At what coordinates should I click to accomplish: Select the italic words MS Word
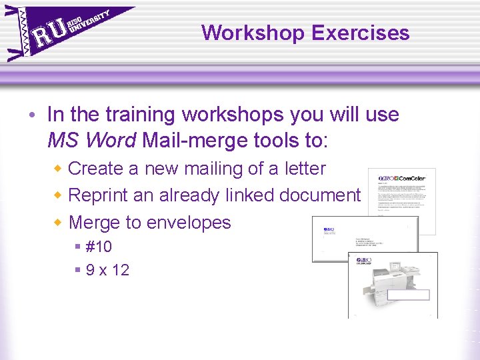click(x=92, y=141)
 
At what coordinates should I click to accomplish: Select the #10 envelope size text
click(x=99, y=247)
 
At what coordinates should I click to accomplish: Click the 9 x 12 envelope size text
click(x=107, y=270)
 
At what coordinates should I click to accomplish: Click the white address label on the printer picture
click(x=409, y=295)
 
